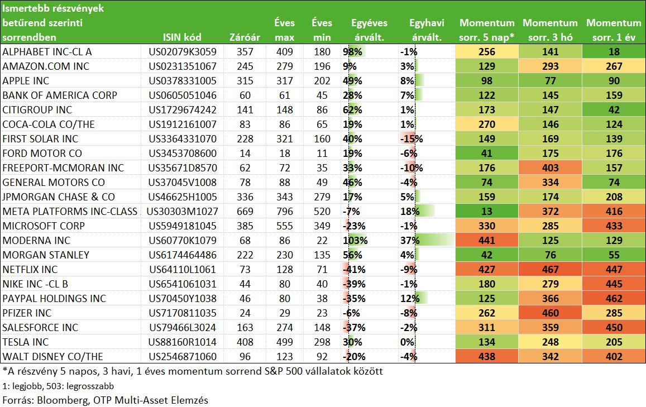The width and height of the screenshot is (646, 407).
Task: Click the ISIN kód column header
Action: tap(182, 37)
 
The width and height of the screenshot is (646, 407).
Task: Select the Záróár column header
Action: tap(245, 37)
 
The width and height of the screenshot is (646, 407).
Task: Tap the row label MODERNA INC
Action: tap(36, 241)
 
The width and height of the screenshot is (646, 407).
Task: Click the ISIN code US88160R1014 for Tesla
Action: tap(183, 342)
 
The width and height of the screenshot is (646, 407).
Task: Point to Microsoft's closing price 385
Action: tap(245, 226)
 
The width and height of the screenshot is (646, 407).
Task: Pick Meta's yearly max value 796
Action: tap(285, 212)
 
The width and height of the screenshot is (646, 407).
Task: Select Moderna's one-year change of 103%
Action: tap(355, 241)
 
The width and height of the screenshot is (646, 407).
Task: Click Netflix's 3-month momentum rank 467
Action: tap(551, 270)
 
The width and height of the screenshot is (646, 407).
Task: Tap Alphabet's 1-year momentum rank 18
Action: tap(614, 52)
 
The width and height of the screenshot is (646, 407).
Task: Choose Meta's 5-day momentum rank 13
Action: tap(486, 212)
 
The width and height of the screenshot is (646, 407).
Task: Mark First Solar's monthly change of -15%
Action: tap(411, 139)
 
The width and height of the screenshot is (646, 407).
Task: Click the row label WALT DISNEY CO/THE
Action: tap(52, 357)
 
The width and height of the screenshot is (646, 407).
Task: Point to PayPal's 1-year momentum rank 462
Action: tap(614, 299)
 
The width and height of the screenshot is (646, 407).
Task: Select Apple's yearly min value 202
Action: tap(322, 81)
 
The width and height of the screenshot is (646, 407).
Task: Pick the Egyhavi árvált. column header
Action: tap(427, 30)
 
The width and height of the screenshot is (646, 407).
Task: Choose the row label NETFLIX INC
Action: tap(30, 270)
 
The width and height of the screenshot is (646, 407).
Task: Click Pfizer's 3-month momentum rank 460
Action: tap(551, 313)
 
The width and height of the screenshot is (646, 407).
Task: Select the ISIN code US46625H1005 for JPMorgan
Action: tap(183, 197)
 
